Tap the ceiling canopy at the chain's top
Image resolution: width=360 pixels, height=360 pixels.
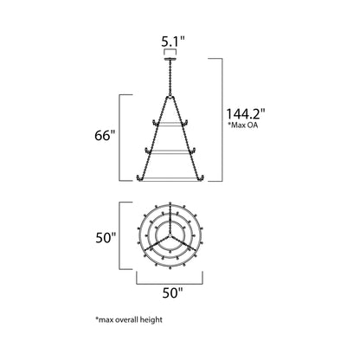(169, 60)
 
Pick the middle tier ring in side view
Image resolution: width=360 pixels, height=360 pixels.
(169, 151)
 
